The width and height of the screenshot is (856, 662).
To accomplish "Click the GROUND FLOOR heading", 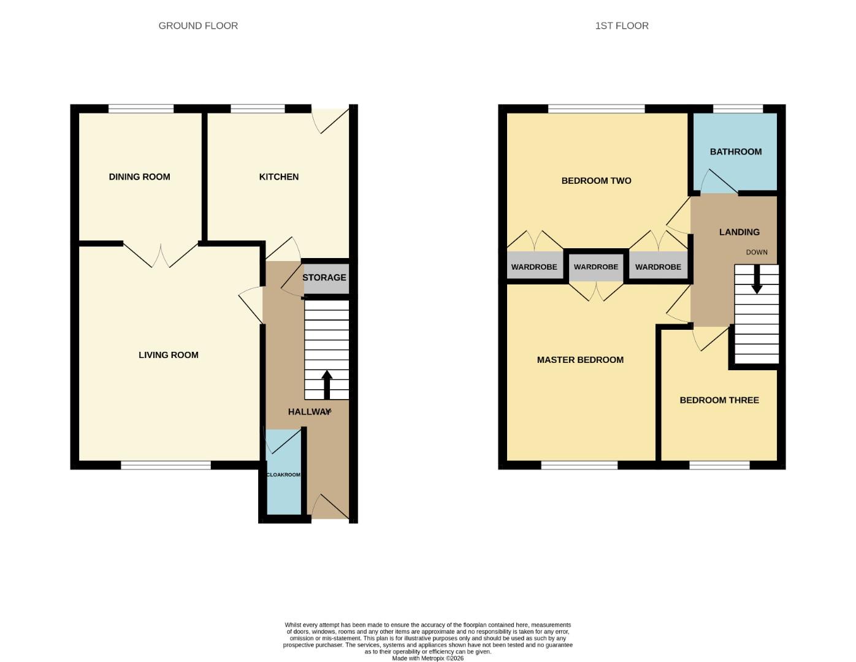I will (198, 26).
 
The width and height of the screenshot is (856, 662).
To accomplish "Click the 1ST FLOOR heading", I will (621, 26).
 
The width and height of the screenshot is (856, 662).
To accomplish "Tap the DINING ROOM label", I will (139, 177).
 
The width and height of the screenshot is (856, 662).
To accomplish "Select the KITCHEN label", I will (279, 177).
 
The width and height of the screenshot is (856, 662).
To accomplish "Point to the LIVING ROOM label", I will (168, 355).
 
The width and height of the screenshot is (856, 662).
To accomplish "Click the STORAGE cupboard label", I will (324, 278).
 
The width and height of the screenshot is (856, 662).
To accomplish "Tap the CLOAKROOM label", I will (283, 474).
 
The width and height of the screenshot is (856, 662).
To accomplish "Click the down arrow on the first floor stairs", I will (757, 280).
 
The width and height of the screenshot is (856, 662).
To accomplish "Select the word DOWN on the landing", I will (757, 252).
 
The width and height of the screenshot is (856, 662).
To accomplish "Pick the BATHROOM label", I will (735, 151).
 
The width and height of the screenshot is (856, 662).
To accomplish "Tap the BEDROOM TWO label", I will (596, 181).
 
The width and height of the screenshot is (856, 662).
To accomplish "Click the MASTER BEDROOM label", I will (580, 360).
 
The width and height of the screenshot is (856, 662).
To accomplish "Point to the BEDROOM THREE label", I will (719, 400).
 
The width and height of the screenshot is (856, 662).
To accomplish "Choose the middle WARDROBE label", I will (595, 267).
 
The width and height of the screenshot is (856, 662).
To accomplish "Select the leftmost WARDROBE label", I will (534, 267).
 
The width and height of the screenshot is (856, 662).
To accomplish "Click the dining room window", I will (141, 109).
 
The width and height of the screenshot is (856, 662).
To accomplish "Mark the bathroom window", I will (738, 109).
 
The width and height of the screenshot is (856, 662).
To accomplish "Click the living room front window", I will (166, 465).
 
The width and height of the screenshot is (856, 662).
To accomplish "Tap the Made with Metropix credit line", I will (427, 658).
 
